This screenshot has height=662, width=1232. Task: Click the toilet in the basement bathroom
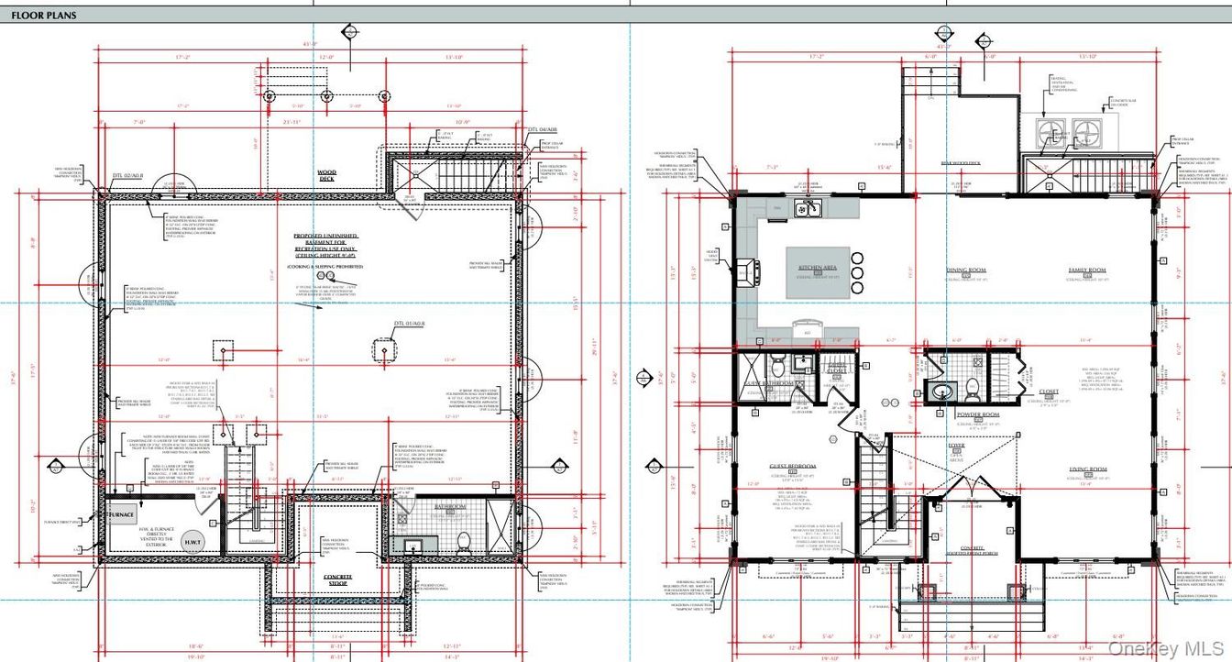coord(464,539)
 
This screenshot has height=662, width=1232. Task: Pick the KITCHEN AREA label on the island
coord(818,268)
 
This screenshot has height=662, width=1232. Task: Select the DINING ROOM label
coord(965,270)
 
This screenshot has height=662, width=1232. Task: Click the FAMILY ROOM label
coord(1087,270)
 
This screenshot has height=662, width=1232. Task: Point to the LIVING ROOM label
coord(1087,469)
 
